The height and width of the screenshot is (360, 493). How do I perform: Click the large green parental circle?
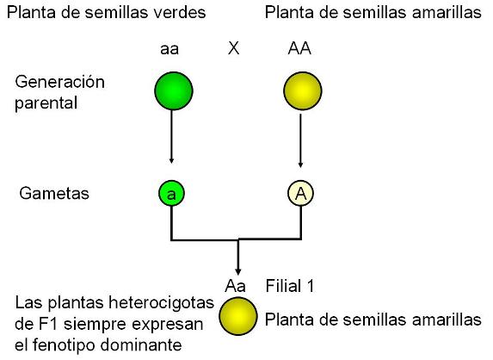[x=174, y=91]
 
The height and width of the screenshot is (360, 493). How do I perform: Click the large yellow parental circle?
[x=303, y=91]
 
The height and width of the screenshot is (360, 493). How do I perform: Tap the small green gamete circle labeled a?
[x=171, y=193]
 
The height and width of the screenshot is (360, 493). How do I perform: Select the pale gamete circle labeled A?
[x=301, y=193]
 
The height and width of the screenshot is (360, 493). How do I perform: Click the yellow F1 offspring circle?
[x=238, y=317]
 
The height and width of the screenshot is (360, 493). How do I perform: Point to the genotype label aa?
[x=169, y=49]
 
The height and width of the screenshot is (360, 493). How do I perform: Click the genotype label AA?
[x=299, y=48]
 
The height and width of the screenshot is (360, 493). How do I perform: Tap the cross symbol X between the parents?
[x=233, y=48]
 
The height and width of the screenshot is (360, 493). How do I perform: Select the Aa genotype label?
[x=235, y=286]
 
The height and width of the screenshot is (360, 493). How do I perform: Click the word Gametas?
[x=54, y=193]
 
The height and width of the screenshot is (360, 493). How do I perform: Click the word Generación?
[x=59, y=82]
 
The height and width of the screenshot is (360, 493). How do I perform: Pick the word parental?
[x=46, y=103]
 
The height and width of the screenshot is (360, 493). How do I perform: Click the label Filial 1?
[x=290, y=286]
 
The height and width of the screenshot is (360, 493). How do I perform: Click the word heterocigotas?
[x=161, y=303]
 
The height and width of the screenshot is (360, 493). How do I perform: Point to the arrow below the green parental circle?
[x=171, y=137]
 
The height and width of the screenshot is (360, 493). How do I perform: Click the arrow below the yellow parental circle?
[x=300, y=140]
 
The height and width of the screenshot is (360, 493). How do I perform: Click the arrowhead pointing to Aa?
[x=238, y=272]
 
